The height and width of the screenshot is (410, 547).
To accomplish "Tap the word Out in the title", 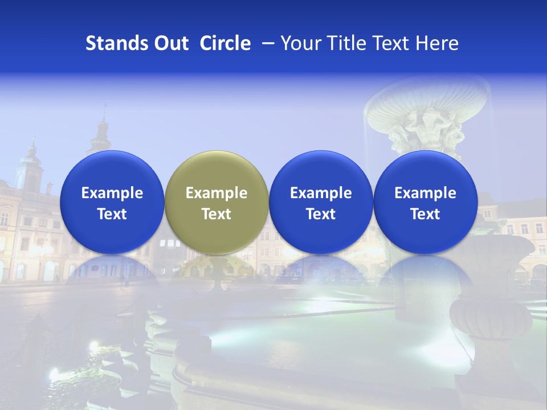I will click(170, 43).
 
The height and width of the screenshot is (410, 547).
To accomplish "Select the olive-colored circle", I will click(217, 202).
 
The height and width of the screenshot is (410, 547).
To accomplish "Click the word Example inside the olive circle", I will click(217, 193).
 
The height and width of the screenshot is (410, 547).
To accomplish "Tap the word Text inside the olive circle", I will click(217, 214).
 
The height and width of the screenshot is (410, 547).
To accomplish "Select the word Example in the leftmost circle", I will click(112, 193).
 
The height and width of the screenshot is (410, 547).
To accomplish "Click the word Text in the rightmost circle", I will click(426, 214).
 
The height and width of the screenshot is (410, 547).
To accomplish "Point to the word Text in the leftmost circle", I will click(112, 214).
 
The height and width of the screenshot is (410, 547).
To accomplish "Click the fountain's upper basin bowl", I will click(427, 100).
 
